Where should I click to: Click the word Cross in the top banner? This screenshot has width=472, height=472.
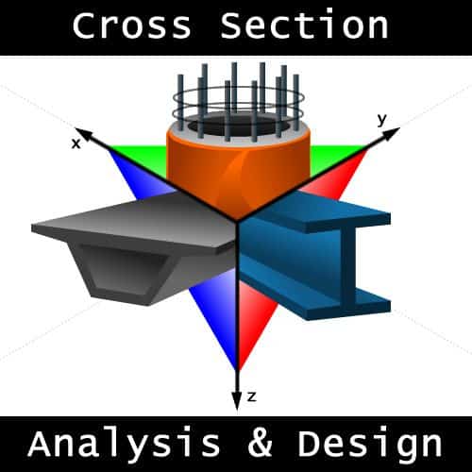pos(131,25)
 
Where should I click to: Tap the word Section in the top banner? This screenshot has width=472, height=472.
pos(304,25)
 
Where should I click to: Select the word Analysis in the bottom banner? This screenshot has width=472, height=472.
pos(124,445)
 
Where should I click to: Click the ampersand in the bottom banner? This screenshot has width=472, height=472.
pos(260,443)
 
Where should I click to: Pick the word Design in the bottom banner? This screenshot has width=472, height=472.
pos(370,444)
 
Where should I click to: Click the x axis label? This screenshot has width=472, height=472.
pos(76,144)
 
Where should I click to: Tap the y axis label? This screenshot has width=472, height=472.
pos(381,120)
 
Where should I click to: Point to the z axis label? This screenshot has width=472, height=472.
pos(252,396)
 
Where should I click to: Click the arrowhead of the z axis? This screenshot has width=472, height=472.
pos(237,401)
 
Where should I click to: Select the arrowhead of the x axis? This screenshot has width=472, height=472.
pos(83,134)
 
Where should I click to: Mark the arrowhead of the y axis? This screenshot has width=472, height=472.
pos(391,132)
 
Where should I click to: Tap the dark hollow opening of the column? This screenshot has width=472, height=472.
pos(239,127)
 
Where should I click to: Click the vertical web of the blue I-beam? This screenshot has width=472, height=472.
pos(347,267)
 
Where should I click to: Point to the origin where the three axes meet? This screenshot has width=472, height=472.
pos(237,220)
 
